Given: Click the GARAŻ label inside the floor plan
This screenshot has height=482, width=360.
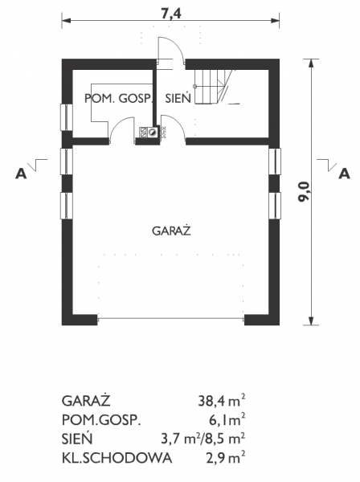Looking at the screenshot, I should (x=170, y=231).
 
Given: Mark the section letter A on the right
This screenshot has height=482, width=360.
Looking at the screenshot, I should (x=344, y=173).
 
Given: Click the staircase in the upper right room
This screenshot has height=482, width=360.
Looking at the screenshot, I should (x=214, y=84).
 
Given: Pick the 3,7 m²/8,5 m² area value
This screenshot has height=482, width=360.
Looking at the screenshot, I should (x=202, y=439).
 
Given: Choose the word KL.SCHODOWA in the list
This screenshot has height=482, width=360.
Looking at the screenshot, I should (x=117, y=459).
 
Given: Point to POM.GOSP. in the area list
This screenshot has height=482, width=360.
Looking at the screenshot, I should (x=101, y=419).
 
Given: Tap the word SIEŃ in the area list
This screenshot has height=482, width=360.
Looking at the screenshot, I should (x=76, y=439).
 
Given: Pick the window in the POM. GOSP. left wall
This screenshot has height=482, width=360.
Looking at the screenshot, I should (x=64, y=119).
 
